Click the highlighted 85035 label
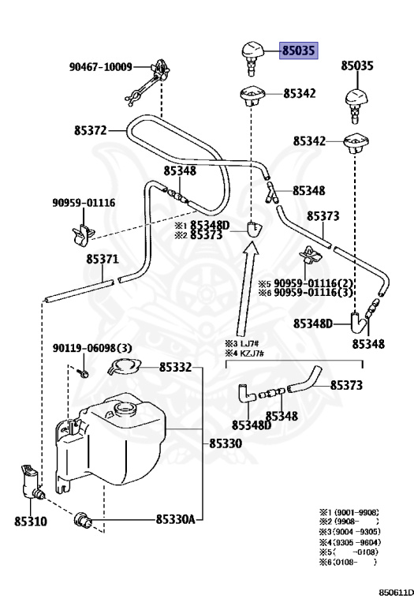click(299, 50)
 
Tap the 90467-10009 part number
click(100, 67)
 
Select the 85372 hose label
click(91, 130)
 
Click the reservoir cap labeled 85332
click(125, 366)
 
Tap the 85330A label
click(175, 519)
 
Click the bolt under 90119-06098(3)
click(83, 373)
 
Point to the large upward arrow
click(247, 289)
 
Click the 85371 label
click(103, 259)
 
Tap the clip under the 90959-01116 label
click(83, 234)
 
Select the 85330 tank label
click(226, 443)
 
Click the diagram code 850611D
click(395, 593)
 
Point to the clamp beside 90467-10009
click(147, 82)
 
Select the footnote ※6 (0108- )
click(348, 563)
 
